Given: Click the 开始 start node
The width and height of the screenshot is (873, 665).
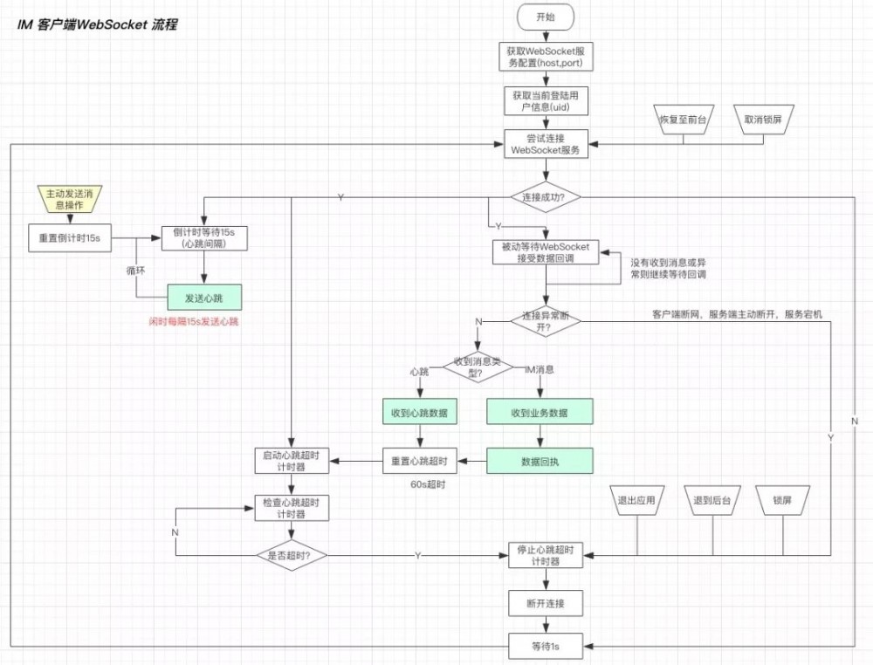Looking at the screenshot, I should [546, 16].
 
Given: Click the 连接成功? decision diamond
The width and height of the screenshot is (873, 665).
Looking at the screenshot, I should [546, 197].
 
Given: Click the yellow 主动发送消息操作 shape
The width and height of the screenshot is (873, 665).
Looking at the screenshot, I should [65, 198].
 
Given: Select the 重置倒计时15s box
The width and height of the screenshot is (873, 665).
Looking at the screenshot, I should [70, 237].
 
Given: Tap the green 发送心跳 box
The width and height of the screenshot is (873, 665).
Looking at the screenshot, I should [203, 298].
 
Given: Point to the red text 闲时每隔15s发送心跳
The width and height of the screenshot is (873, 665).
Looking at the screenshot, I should [194, 323].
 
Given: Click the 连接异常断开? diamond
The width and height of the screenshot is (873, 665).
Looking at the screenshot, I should [546, 319].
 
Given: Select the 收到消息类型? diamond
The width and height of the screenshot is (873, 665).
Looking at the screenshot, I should [478, 364].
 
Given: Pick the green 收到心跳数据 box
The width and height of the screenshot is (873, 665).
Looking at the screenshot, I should [420, 413].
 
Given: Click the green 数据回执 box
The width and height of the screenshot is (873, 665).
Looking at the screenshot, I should [539, 461].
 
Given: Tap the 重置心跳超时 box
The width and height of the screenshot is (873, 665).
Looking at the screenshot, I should [420, 461].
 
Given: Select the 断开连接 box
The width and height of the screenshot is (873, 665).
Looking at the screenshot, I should [546, 603].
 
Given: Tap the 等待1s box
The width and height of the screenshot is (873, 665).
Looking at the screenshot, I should [546, 647].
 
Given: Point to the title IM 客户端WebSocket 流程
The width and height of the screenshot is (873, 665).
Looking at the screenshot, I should [97, 24].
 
